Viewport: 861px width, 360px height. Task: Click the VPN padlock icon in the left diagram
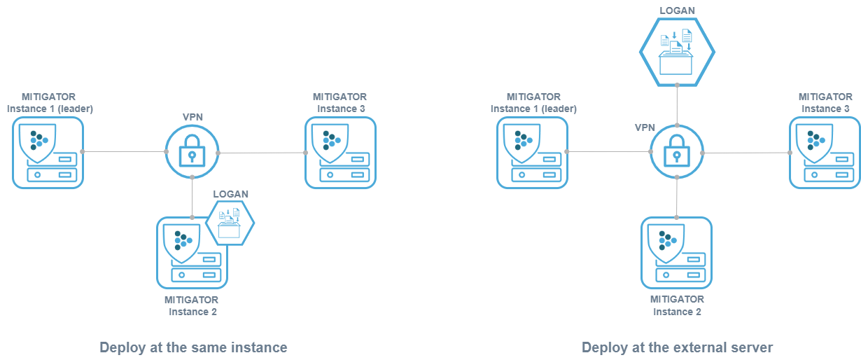click(192, 152)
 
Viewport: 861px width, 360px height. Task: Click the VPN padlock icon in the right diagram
click(676, 152)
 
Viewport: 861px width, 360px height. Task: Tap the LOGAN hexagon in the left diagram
click(230, 223)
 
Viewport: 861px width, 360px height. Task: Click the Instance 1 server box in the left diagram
click(48, 153)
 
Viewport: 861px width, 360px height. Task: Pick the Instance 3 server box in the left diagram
click(340, 153)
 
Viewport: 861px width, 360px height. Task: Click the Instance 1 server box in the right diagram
click(532, 153)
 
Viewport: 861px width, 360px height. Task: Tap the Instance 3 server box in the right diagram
click(825, 153)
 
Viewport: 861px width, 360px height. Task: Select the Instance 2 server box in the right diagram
click(677, 253)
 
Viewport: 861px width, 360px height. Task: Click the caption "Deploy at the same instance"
click(193, 347)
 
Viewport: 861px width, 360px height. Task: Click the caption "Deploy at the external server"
click(677, 347)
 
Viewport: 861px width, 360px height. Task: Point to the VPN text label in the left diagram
click(192, 117)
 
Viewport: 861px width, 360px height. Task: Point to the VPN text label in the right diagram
click(645, 128)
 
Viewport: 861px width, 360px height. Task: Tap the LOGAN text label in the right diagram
click(677, 11)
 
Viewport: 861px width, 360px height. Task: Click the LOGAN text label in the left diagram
click(230, 194)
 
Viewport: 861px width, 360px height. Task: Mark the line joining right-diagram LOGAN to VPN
click(677, 104)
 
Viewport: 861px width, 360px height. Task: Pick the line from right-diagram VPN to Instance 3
click(745, 152)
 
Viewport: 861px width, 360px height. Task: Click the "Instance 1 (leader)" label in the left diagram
click(50, 109)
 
